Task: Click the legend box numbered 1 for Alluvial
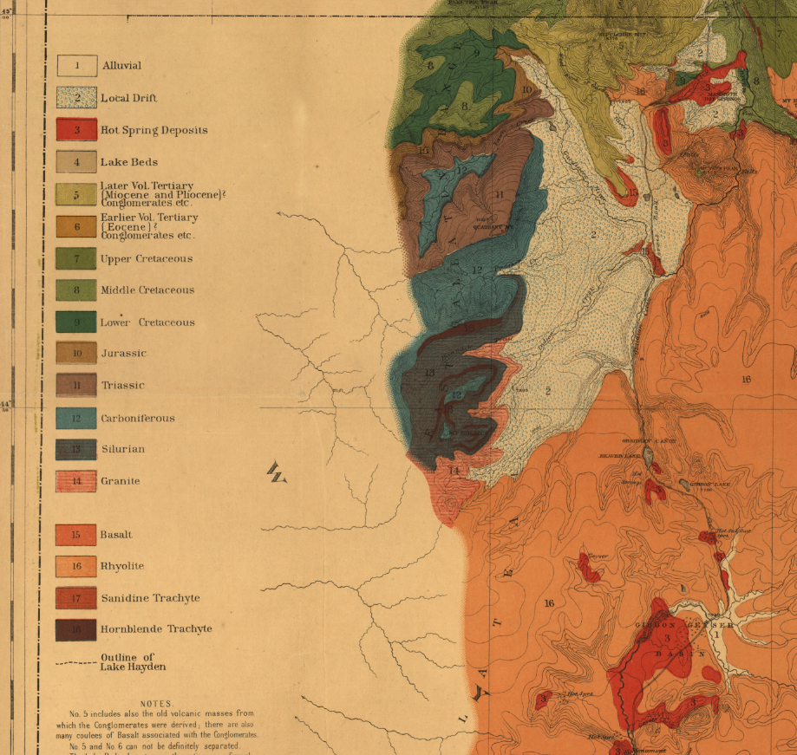pos(76,66)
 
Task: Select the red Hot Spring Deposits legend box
pos(76,130)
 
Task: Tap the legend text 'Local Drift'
pos(128,98)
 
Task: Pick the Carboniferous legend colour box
pos(76,418)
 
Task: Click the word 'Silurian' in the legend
pos(122,449)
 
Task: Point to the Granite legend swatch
pos(76,481)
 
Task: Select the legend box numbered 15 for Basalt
pos(76,535)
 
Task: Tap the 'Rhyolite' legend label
pos(121,566)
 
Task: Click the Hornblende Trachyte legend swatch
pos(76,629)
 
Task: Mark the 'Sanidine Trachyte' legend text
pos(150,598)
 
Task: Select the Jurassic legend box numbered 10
pos(76,353)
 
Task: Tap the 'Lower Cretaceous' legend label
pos(147,322)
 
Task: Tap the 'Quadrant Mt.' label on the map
pos(488,227)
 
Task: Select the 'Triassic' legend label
pos(122,385)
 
